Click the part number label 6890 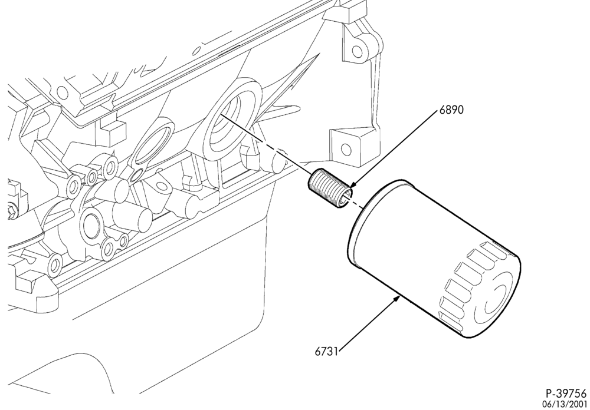click(451, 110)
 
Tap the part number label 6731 click(327, 352)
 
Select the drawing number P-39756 click(566, 394)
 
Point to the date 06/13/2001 click(569, 404)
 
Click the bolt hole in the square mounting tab click(346, 150)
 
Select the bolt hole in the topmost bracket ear click(357, 51)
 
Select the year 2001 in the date click(579, 404)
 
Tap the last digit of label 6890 click(461, 110)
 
